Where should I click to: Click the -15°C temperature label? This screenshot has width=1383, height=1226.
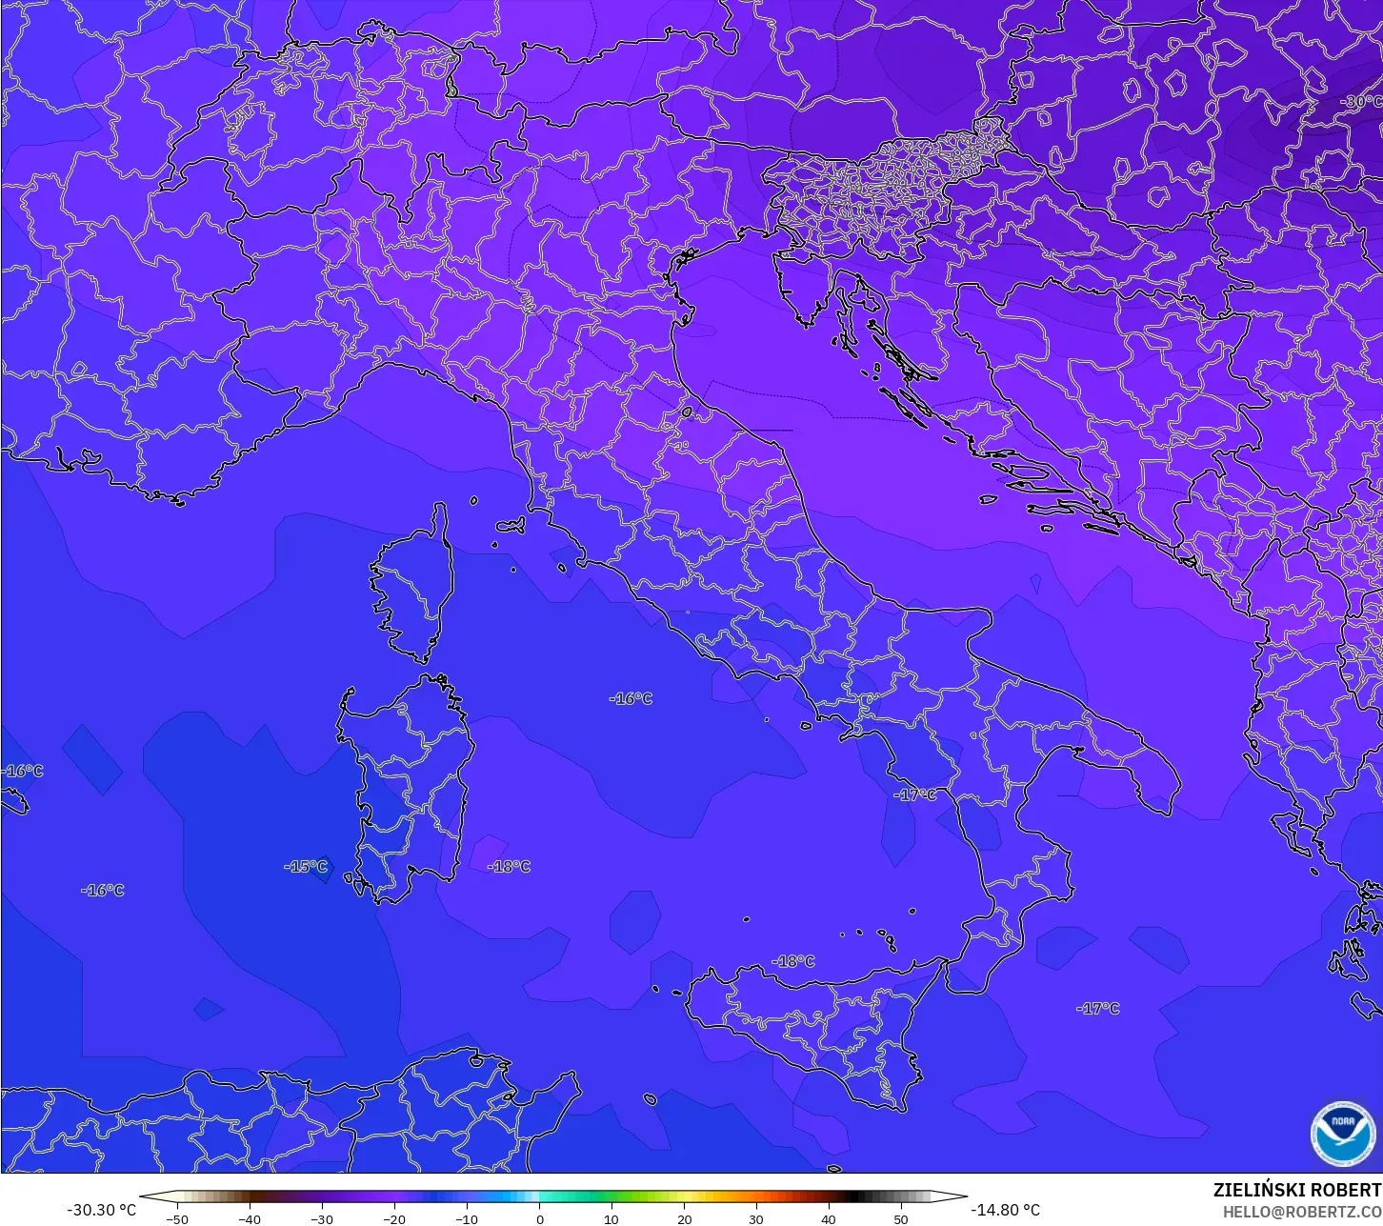[x=306, y=867]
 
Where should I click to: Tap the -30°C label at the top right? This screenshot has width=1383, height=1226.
[x=1360, y=101]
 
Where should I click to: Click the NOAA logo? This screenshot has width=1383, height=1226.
[x=1343, y=1132]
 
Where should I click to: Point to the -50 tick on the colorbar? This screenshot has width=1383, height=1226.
[x=177, y=1218]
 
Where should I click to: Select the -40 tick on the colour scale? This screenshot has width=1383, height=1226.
[x=250, y=1218]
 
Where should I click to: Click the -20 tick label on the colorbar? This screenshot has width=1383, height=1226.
[x=394, y=1218]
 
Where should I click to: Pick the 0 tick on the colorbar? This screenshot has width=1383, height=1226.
[x=539, y=1218]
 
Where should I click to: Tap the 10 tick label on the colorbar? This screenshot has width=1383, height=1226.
[x=611, y=1218]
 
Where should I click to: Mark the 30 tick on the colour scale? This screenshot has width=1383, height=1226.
[x=756, y=1218]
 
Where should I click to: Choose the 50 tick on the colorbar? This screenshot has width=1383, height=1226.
[x=901, y=1218]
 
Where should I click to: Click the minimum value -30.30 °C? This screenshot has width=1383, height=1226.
[x=102, y=1210]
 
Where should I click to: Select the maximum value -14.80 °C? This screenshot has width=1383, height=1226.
[x=1006, y=1210]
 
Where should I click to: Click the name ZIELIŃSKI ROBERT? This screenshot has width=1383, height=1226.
[x=1296, y=1190]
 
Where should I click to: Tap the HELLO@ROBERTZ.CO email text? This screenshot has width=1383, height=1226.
[x=1302, y=1212]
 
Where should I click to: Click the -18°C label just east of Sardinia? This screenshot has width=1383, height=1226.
[x=509, y=867]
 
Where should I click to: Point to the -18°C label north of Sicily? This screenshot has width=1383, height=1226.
[x=792, y=962]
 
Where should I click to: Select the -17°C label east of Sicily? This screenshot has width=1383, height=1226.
[x=1098, y=1009]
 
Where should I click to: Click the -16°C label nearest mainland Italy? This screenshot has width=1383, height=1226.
[x=631, y=699]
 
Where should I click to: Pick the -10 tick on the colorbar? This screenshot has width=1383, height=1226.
[x=467, y=1218]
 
